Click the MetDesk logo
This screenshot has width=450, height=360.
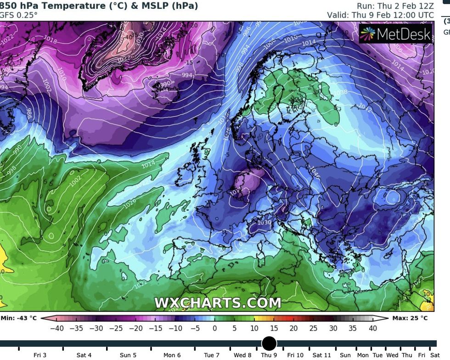click(x=395, y=34)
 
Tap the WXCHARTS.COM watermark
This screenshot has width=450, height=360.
click(x=217, y=303)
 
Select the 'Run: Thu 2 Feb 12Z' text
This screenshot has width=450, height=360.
click(x=395, y=6)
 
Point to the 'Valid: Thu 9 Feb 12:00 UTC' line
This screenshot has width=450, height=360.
click(x=380, y=15)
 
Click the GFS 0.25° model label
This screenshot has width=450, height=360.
click(x=18, y=15)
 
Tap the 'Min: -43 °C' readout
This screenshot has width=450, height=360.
click(x=19, y=318)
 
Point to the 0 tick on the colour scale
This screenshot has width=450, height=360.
click(x=214, y=328)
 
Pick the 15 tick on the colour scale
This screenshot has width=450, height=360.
click(x=274, y=328)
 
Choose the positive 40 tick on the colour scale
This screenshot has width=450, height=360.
click(x=373, y=328)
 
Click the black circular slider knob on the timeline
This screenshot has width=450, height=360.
click(x=269, y=343)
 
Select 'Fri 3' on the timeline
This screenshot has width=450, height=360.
click(x=40, y=355)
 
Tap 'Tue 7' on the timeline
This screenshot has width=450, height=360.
click(x=212, y=355)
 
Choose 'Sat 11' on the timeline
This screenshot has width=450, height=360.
click(x=322, y=355)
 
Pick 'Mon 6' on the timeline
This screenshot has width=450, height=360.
click(x=172, y=355)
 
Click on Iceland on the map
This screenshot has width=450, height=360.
click(x=164, y=85)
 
